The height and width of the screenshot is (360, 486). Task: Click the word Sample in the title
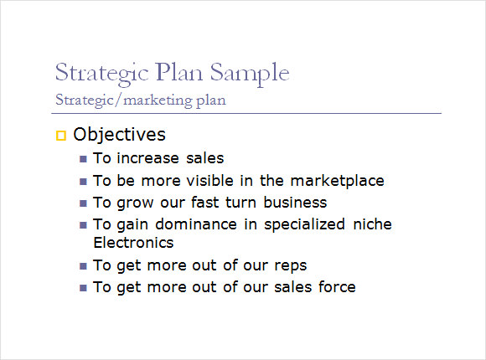tap(250, 74)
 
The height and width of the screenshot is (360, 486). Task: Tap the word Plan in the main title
tap(179, 72)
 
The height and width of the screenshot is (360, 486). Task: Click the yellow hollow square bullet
tap(61, 136)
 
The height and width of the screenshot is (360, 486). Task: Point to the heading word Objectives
tap(119, 135)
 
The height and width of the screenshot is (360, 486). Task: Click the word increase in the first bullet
tap(148, 158)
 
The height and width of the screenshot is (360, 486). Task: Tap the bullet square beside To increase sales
tap(83, 159)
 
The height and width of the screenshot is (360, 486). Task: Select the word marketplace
tap(337, 181)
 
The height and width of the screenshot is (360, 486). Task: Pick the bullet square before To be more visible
tap(83, 181)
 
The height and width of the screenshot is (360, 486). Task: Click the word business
tap(295, 203)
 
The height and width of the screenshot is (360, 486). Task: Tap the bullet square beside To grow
tap(83, 203)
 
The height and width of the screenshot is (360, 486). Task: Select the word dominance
tap(196, 224)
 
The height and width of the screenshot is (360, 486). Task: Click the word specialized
tap(304, 224)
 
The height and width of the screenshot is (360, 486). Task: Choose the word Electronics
tap(133, 243)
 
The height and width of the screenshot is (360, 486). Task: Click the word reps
tap(291, 266)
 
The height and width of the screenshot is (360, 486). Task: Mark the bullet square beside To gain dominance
tap(83, 225)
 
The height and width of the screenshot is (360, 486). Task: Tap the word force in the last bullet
tap(337, 287)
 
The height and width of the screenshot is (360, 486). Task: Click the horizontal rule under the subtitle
tap(246, 113)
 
